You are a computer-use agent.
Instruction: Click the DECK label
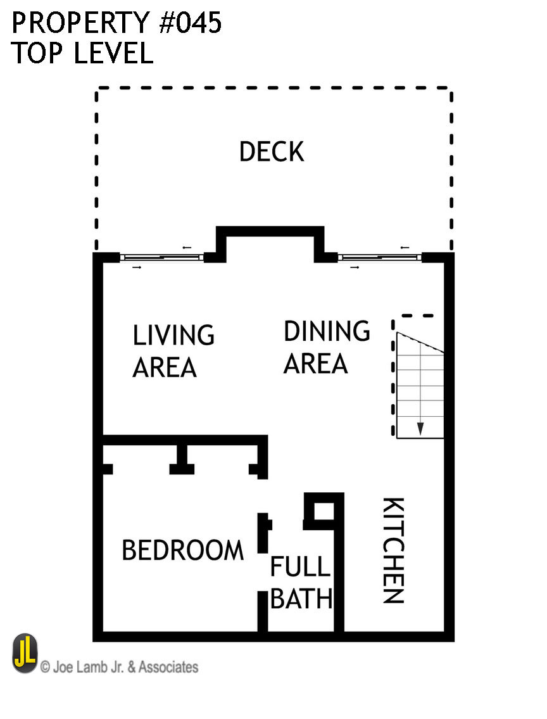click(272, 152)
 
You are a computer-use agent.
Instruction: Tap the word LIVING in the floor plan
click(173, 335)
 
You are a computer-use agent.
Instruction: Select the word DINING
click(327, 331)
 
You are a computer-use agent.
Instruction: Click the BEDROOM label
click(182, 550)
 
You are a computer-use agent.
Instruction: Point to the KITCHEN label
click(393, 550)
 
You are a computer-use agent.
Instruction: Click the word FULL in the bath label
click(300, 567)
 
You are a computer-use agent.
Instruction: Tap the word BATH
click(301, 599)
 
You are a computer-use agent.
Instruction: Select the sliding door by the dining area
click(380, 257)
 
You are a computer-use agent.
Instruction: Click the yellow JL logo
click(25, 654)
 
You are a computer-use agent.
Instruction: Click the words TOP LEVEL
click(82, 54)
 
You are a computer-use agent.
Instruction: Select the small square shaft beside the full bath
click(324, 510)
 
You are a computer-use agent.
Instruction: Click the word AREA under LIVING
click(165, 367)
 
